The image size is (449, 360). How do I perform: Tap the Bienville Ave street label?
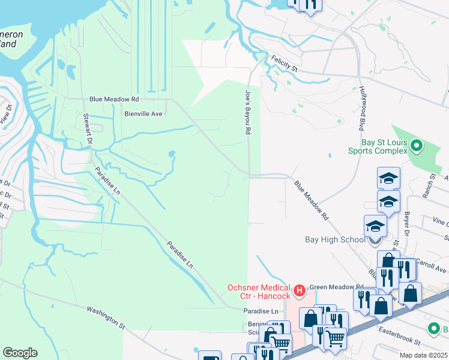click(x=143, y=113)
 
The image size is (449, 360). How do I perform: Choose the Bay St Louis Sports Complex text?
click(x=384, y=148)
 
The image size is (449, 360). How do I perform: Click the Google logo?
click(x=20, y=353)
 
